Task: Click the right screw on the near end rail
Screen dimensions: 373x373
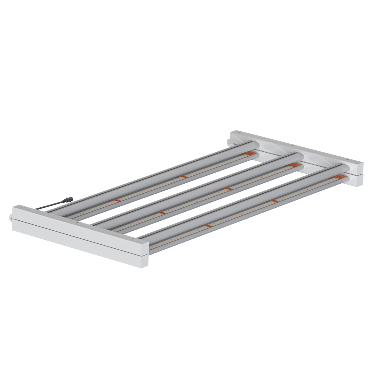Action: tap(133, 239)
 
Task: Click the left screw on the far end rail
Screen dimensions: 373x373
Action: tap(239, 132)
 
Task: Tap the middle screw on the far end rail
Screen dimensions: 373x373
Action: tap(293, 145)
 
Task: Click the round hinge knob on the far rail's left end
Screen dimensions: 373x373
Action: tap(229, 142)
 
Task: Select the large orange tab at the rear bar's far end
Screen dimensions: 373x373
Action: tap(249, 154)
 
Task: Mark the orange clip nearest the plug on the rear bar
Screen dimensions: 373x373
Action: tap(117, 200)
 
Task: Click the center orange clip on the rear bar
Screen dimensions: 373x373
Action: tap(183, 177)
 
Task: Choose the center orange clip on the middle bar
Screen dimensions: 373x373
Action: tap(229, 189)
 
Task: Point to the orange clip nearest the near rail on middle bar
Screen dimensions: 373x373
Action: tap(161, 213)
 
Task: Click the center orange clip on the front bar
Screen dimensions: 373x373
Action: tap(274, 201)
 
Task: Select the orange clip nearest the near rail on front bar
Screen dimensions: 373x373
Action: tap(208, 226)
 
